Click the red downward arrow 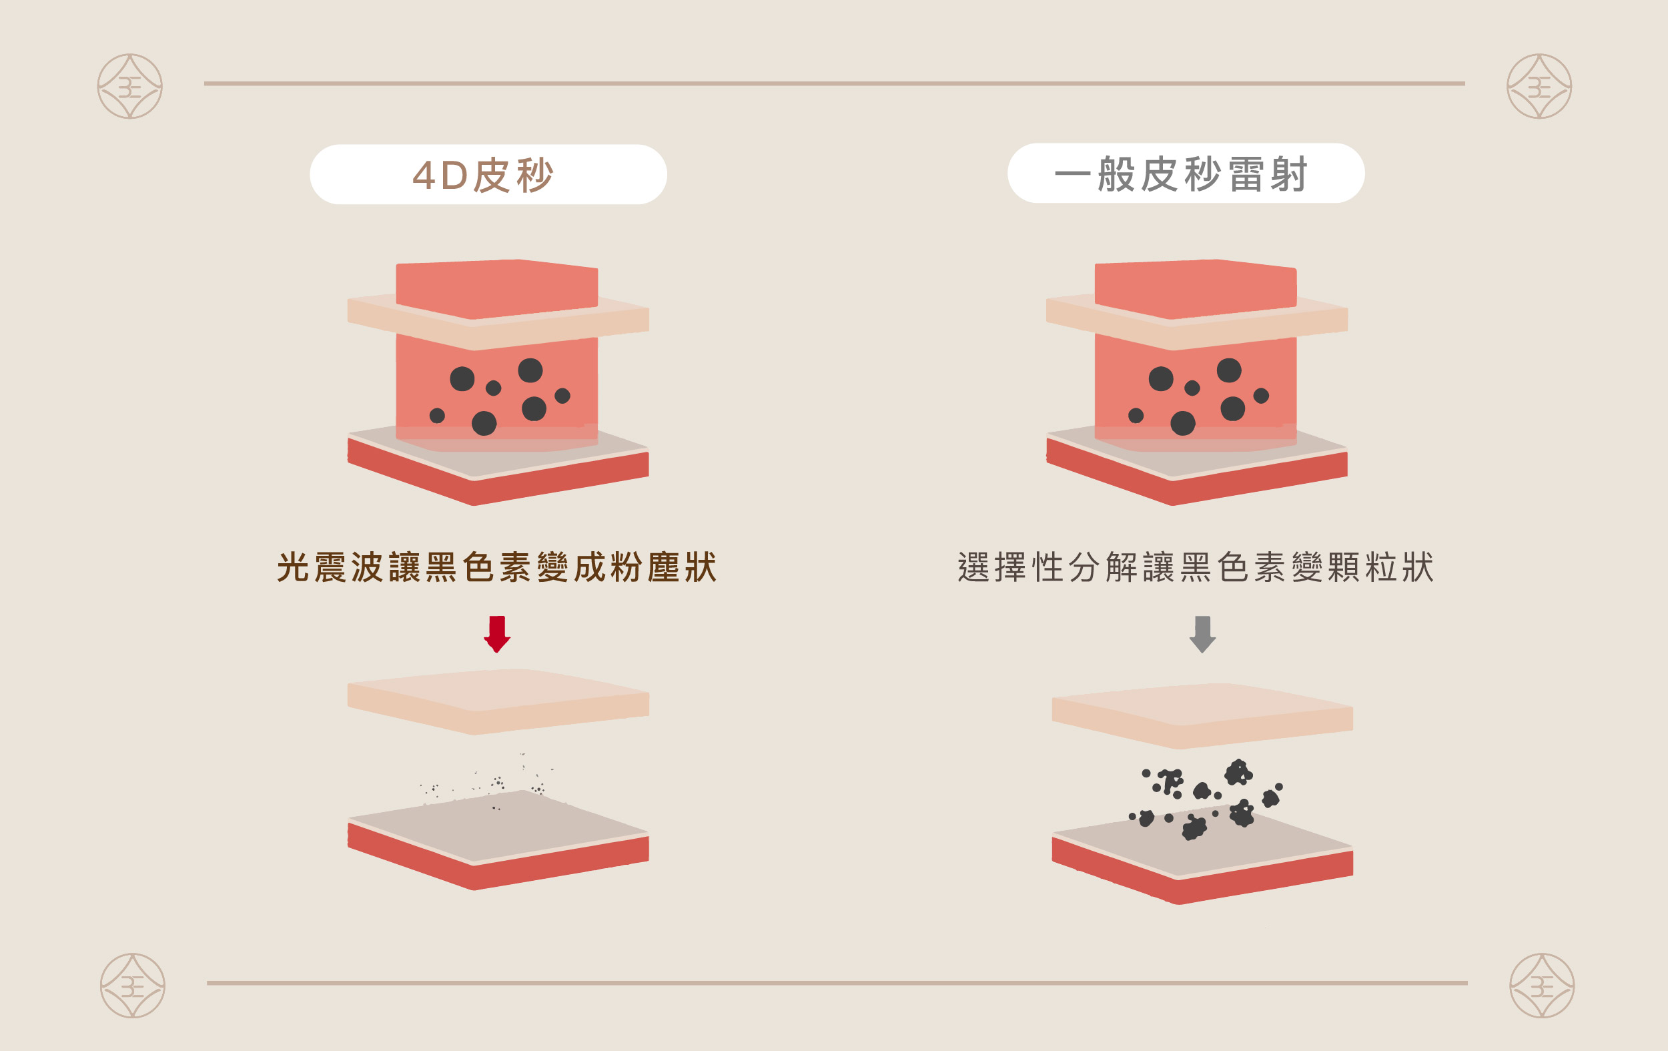496,633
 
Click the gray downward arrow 1202,633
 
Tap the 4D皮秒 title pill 488,175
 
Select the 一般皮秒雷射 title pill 1186,173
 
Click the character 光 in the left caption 293,567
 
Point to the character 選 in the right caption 973,567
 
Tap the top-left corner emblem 129,87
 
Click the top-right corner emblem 1539,87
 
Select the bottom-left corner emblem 132,985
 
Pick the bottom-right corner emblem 1542,985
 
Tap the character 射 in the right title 1288,174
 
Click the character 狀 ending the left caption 701,567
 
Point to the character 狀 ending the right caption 1417,567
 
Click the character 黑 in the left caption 441,567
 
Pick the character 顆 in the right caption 1343,567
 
